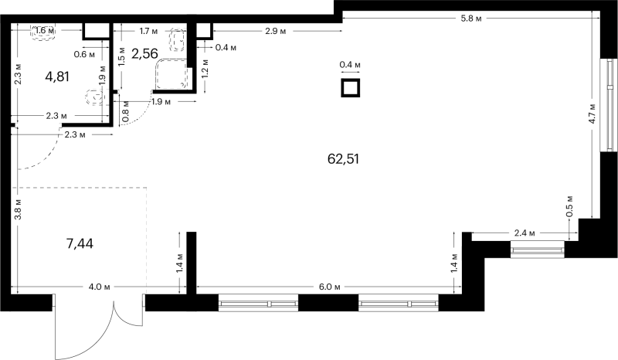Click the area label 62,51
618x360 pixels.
click(343, 159)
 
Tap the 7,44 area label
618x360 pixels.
click(80, 243)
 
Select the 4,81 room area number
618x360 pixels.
click(57, 76)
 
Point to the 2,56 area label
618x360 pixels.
click(144, 53)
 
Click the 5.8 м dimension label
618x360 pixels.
click(471, 19)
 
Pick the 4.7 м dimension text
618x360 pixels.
click(592, 114)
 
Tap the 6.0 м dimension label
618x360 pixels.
click(330, 287)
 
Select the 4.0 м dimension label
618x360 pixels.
click(99, 287)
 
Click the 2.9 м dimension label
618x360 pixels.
click(276, 31)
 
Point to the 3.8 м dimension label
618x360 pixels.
click(17, 210)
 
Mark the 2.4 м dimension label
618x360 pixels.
click(525, 233)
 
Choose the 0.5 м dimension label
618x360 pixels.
click(569, 206)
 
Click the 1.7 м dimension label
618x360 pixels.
click(149, 30)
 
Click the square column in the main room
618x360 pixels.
click(351, 87)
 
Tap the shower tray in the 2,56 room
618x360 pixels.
click(172, 74)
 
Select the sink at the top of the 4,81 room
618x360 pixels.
click(43, 31)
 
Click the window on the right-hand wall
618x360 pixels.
click(609, 105)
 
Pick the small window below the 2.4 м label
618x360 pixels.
click(538, 250)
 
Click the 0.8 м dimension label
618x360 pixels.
click(125, 111)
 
